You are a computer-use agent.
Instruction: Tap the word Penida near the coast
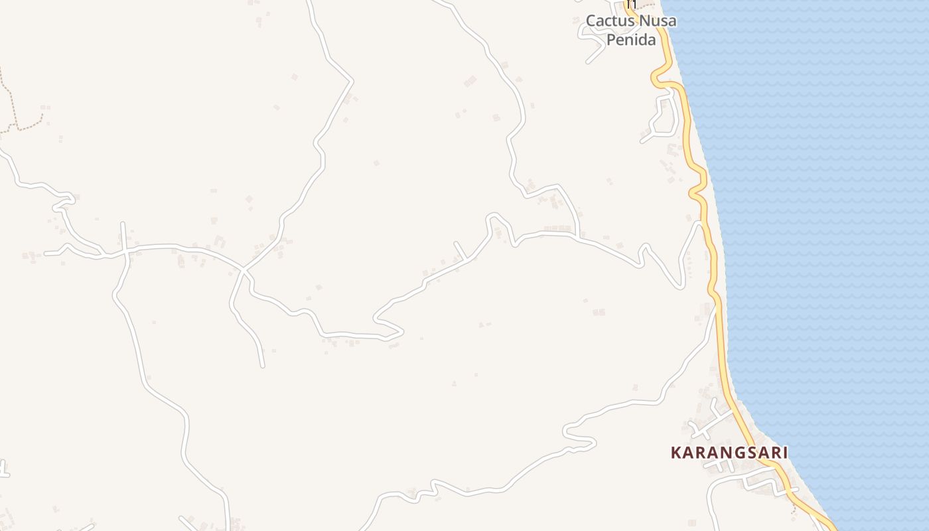pyautogui.click(x=631, y=40)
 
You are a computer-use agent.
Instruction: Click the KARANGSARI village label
pyautogui.click(x=729, y=453)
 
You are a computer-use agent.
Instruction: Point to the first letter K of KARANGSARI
pyautogui.click(x=676, y=453)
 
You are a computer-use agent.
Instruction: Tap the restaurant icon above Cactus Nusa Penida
pyautogui.click(x=631, y=4)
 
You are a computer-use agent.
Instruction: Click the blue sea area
pyautogui.click(x=829, y=232)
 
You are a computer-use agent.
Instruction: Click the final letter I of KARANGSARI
pyautogui.click(x=785, y=453)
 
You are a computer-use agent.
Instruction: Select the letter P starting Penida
pyautogui.click(x=611, y=40)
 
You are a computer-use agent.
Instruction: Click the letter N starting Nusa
pyautogui.click(x=644, y=21)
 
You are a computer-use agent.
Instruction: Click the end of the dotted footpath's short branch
pyautogui.click(x=44, y=114)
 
